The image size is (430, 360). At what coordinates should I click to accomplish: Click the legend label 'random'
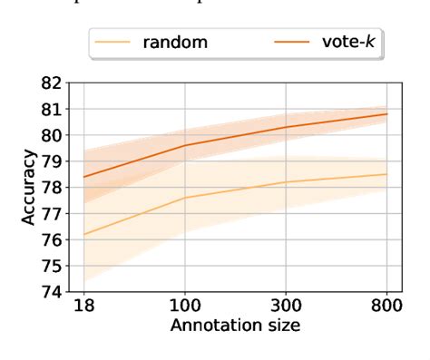[173, 43]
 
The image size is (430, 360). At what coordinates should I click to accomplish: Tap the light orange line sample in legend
[117, 43]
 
